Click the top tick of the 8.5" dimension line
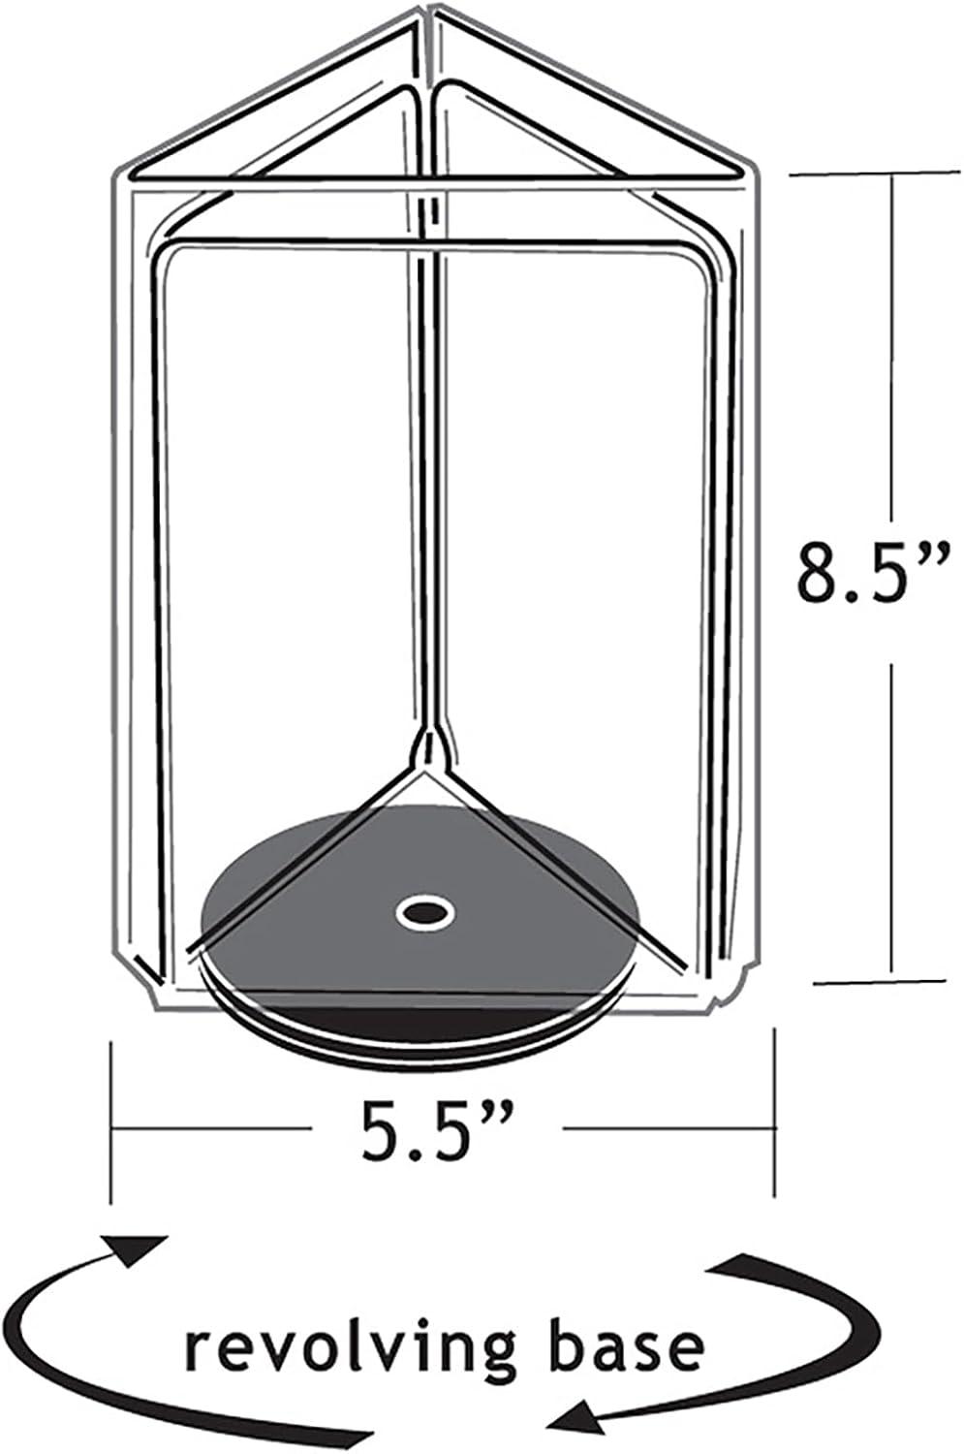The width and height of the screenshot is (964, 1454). tap(892, 173)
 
